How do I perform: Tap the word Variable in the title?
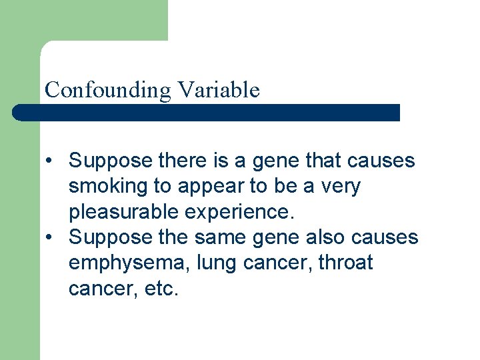(218, 89)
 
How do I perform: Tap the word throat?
(345, 263)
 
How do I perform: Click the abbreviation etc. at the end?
(161, 289)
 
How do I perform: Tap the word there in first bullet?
(174, 161)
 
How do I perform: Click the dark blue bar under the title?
(207, 113)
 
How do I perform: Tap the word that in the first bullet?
(323, 161)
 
